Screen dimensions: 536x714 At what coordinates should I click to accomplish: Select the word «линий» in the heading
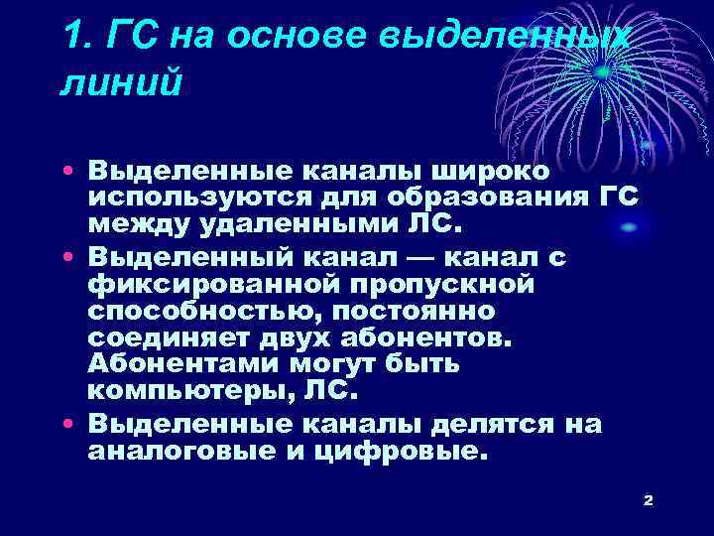point(121,82)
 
